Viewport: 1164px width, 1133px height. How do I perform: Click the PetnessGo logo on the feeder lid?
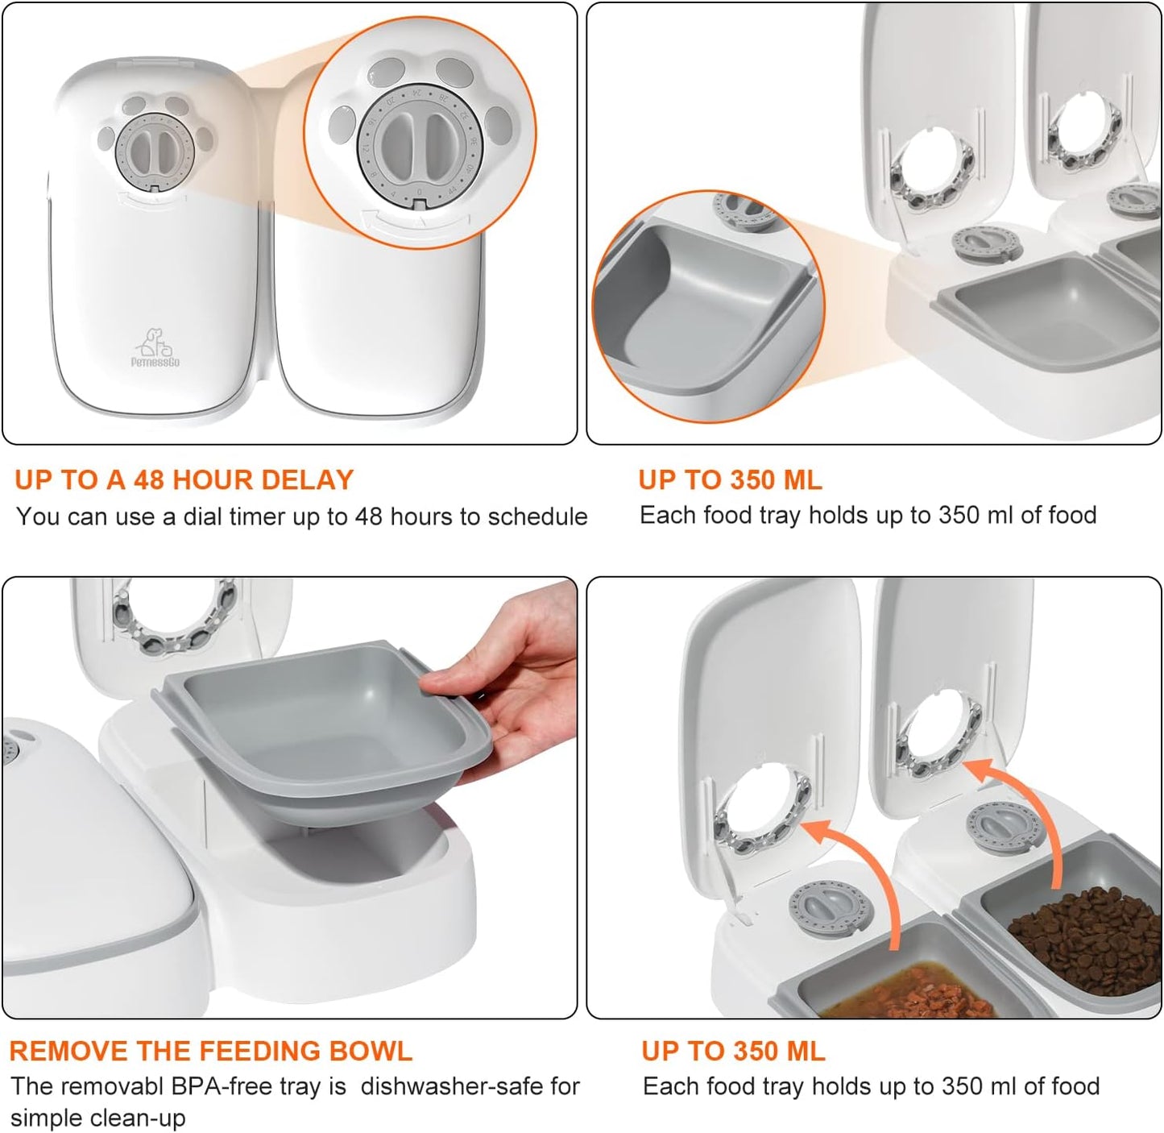155,347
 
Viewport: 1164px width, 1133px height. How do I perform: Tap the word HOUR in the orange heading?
209,480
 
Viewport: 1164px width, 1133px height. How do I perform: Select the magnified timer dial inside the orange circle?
419,145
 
